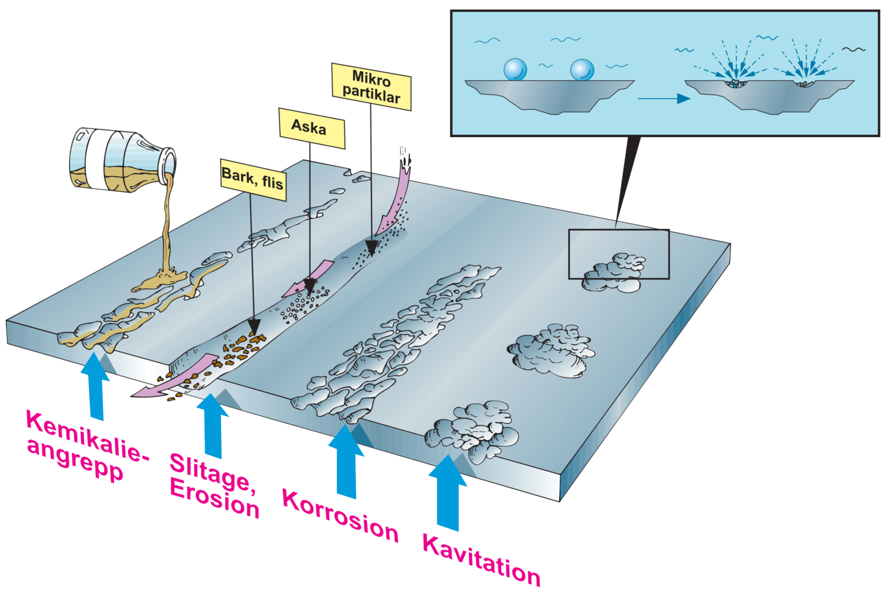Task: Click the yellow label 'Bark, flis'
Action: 253,179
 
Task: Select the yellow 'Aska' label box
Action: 311,128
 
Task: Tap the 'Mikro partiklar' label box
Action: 371,87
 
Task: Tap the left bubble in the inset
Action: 515,69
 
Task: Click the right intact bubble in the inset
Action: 582,69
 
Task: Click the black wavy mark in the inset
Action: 854,50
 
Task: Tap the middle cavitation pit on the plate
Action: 550,350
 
